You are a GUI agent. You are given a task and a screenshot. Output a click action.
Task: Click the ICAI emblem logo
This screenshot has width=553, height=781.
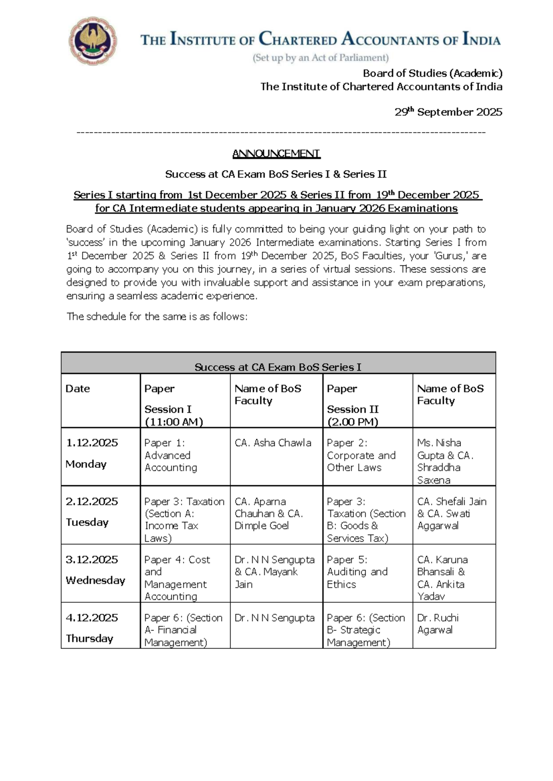tap(93, 41)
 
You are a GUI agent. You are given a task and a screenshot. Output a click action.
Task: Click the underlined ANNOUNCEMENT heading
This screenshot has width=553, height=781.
tap(276, 153)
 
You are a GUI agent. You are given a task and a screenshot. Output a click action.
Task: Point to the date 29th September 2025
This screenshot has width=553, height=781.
tap(448, 112)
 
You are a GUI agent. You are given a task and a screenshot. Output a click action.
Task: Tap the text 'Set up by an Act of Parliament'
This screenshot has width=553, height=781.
tap(321, 58)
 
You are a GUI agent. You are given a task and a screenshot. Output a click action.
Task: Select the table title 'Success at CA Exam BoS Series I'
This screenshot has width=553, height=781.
tap(278, 367)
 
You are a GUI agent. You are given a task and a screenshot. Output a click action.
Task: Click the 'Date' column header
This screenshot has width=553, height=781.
tap(78, 389)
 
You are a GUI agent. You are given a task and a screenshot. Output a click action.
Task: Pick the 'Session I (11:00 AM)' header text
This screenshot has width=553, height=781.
tap(173, 415)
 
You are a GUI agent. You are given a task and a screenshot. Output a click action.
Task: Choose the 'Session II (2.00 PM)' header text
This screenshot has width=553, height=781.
tap(353, 415)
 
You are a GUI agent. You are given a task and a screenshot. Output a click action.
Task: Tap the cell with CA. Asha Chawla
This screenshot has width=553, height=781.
tap(273, 443)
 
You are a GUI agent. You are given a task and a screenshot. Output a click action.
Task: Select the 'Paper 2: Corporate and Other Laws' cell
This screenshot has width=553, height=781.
tap(361, 455)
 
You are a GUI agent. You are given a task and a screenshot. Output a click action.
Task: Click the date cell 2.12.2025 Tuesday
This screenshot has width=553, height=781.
tap(92, 512)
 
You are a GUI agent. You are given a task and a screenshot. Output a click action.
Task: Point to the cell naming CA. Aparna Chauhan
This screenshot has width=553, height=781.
tap(269, 513)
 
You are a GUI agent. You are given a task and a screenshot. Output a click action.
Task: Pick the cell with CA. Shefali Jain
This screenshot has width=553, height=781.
tap(452, 513)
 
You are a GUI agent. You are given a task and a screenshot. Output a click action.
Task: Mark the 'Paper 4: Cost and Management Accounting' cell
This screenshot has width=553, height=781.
tap(177, 578)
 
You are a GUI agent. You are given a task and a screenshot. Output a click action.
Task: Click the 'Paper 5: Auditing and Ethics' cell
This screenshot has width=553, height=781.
tap(357, 572)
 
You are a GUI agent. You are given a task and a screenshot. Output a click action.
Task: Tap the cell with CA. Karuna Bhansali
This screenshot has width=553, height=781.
tap(442, 578)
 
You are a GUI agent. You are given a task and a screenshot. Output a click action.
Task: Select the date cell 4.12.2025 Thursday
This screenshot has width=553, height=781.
tap(92, 628)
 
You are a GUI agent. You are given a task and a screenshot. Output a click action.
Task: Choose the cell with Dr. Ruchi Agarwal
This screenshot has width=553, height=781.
tap(438, 624)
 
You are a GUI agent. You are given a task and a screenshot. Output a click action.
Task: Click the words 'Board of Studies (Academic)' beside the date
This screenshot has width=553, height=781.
tap(432, 73)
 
